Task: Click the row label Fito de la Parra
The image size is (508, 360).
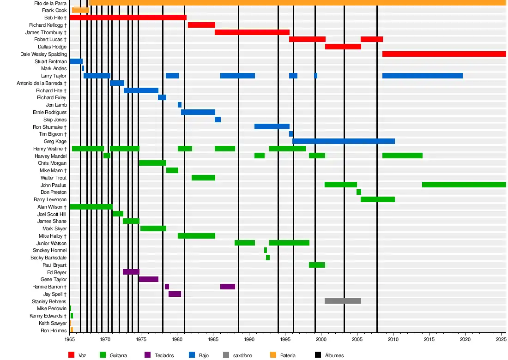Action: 51,3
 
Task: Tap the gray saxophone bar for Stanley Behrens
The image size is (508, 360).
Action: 343,301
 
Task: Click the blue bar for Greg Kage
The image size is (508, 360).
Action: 344,141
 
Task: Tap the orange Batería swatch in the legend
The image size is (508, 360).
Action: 272,355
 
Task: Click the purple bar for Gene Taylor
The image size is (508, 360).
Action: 148,279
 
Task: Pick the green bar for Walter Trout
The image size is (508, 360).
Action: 203,178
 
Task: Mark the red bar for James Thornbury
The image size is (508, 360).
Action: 252,32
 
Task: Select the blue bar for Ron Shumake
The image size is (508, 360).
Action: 272,126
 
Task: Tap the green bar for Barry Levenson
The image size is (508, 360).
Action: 378,199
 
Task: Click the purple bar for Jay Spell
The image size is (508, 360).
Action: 175,294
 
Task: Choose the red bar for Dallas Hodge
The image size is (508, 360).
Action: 343,47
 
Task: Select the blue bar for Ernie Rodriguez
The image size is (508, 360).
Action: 198,112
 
